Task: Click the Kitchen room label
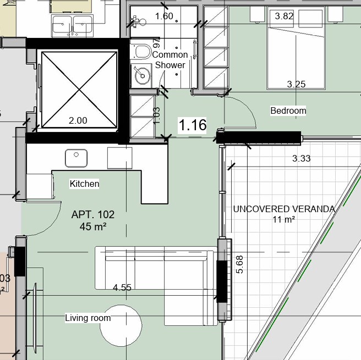84,184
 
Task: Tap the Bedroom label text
288,110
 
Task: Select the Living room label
87,318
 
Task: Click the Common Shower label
170,60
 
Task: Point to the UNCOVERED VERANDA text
284,209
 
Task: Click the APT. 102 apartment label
92,215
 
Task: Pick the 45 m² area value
92,226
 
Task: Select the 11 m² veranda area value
284,219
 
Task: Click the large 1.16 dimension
193,125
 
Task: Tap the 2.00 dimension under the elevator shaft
77,120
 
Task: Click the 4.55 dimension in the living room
122,287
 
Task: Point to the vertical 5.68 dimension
239,264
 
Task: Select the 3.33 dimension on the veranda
301,158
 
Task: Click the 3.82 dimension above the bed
283,16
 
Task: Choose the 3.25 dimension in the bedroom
297,84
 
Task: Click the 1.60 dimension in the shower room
164,16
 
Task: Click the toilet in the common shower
141,52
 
